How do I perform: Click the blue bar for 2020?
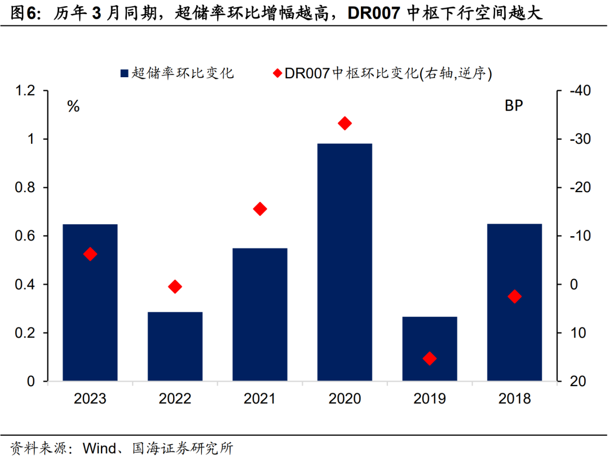345,262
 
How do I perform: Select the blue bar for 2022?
175,347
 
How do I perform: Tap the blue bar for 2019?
430,349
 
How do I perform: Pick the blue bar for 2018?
514,303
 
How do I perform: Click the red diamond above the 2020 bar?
345,123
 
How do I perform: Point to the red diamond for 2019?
430,358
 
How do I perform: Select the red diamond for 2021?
260,209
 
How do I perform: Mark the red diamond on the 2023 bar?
90,254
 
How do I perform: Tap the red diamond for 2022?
175,287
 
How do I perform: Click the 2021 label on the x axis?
259,399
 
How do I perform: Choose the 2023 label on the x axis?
90,399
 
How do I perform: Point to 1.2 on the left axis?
25,91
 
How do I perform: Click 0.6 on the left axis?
25,236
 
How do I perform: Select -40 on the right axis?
575,91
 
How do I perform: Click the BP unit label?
514,106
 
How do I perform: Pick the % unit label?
73,107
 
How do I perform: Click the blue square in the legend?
125,73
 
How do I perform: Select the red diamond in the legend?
277,73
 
